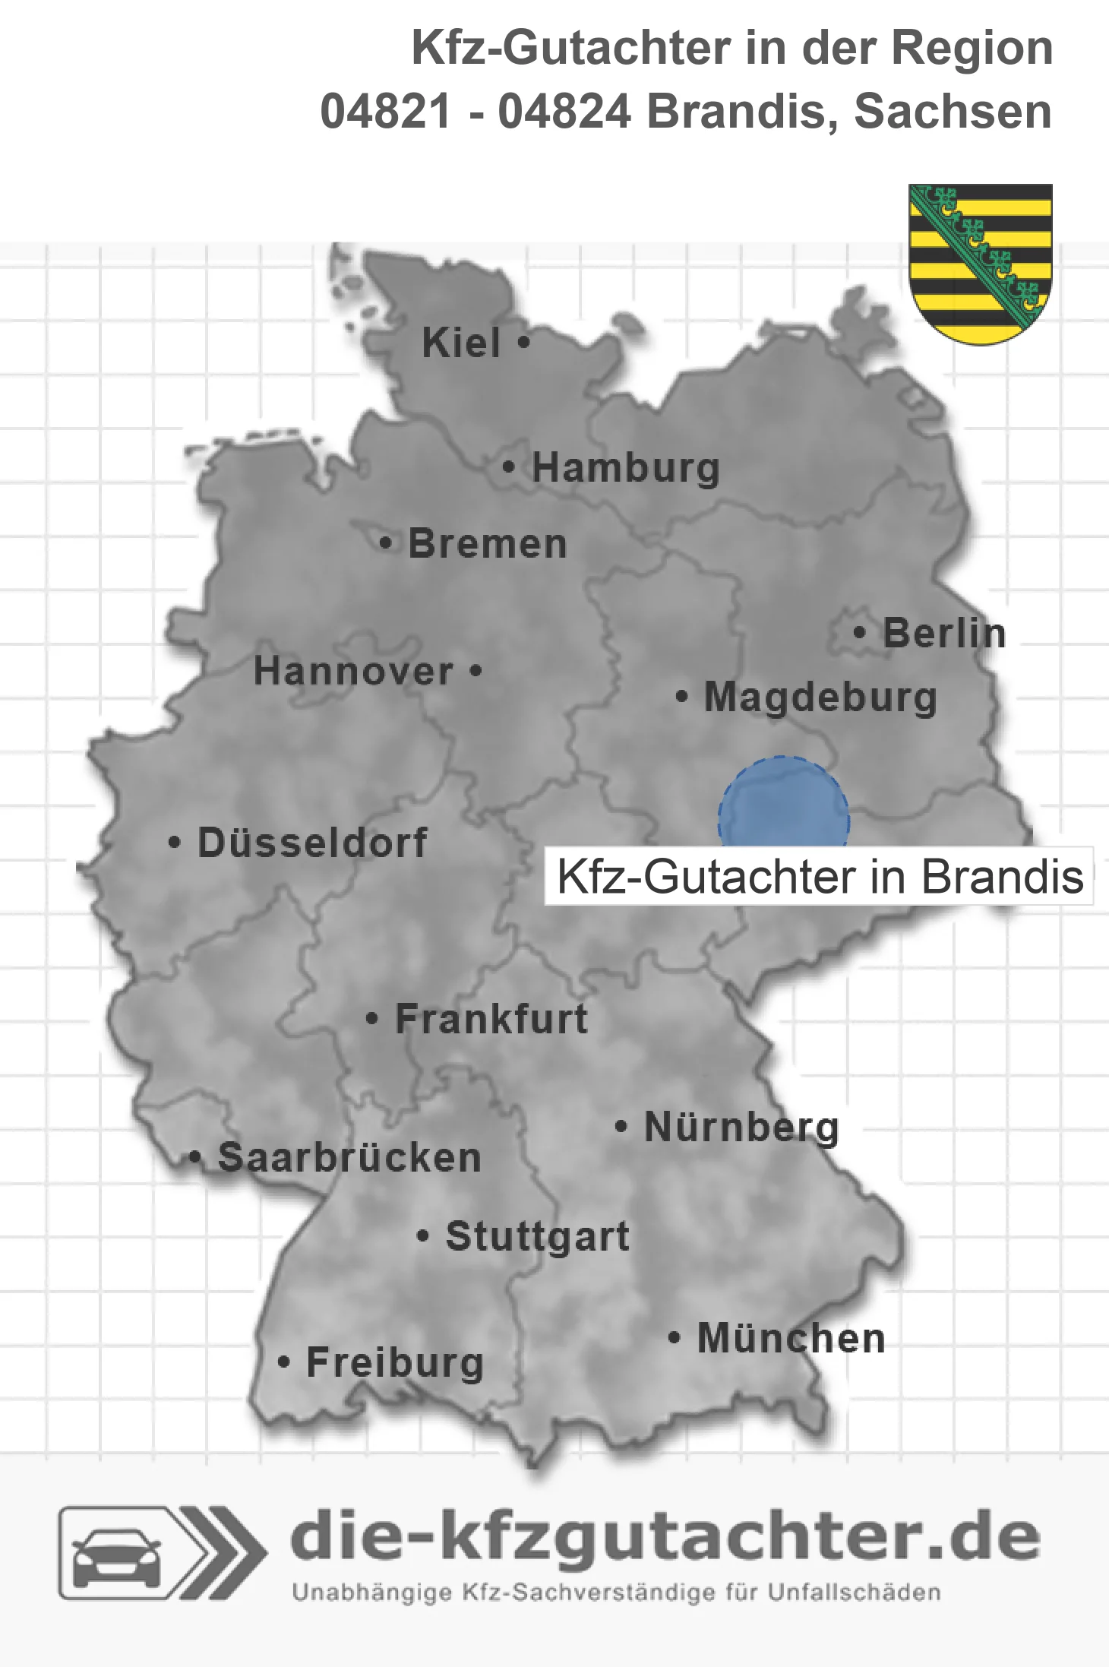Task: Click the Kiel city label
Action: [x=461, y=343]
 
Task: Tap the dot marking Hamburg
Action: [x=509, y=467]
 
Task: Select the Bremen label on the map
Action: [x=488, y=544]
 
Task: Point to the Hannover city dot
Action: [x=476, y=671]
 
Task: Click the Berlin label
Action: [x=944, y=633]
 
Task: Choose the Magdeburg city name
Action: [x=820, y=697]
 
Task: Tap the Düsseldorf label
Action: [x=312, y=843]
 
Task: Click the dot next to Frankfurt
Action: [x=371, y=1018]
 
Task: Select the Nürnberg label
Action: [x=741, y=1127]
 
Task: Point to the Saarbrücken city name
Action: [x=349, y=1158]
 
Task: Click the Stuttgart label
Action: [x=538, y=1236]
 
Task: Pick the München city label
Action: [x=791, y=1338]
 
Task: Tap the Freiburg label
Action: [x=395, y=1362]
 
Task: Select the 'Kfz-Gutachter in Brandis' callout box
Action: [x=819, y=877]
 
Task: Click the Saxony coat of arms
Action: [x=981, y=263]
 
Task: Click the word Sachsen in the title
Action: [x=953, y=112]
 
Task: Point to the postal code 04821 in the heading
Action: [x=386, y=112]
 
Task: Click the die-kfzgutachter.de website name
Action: [x=665, y=1536]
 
